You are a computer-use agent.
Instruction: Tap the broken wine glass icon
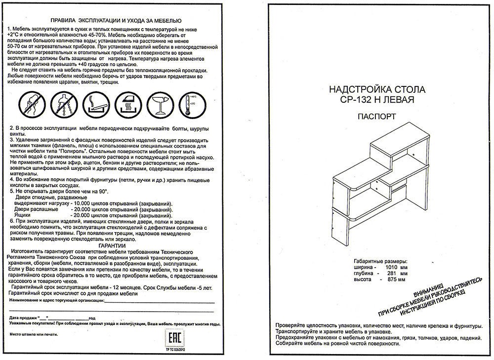coord(160,104)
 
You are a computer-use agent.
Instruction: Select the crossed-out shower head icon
coord(62,104)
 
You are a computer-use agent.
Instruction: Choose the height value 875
coord(393,280)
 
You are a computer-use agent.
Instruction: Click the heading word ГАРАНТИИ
coord(112,245)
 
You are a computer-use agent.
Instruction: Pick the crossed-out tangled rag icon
coord(31,104)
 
